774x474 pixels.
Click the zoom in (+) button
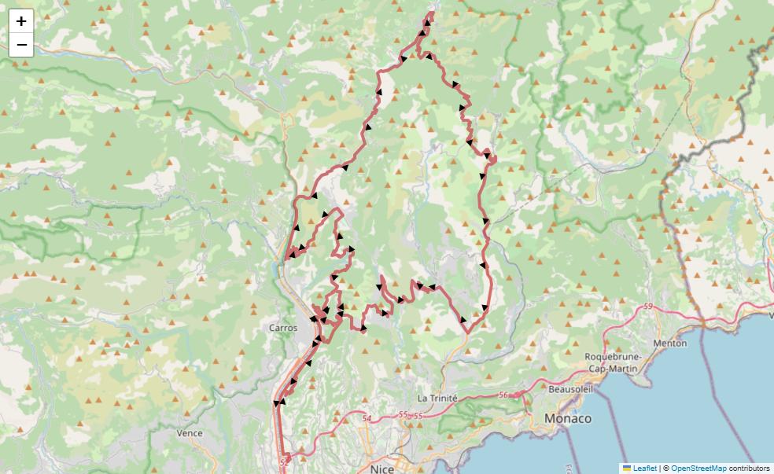tap(21, 21)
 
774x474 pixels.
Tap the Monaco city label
tap(567, 418)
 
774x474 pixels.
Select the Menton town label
tap(669, 343)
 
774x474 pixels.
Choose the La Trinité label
tap(437, 399)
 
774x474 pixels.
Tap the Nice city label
tap(381, 468)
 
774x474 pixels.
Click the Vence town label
tap(189, 433)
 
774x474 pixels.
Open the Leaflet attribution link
tap(644, 468)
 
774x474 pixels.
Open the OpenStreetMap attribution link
tap(698, 468)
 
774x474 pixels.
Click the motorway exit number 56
tap(503, 396)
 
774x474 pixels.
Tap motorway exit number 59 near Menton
tap(648, 306)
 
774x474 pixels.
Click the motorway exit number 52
tap(284, 456)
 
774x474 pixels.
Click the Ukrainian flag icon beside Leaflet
tap(627, 468)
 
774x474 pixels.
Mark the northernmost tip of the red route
tap(431, 13)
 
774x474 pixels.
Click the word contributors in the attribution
tap(749, 468)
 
